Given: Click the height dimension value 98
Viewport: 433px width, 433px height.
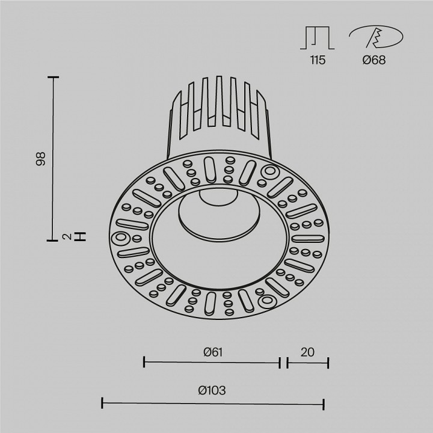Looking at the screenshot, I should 41,159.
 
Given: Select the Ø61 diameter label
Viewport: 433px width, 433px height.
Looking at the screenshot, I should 213,352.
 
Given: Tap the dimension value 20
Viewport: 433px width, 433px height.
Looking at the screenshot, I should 307,352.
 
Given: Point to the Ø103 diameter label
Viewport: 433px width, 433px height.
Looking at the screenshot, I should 212,390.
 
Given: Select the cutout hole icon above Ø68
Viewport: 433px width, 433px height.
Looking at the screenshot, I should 375,37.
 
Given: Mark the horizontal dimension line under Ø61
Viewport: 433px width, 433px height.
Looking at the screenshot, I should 212,362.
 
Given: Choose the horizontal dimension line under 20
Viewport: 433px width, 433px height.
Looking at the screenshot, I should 307,362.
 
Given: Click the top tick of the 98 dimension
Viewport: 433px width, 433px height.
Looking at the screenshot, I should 54,78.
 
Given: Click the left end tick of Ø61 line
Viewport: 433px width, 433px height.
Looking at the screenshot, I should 144,362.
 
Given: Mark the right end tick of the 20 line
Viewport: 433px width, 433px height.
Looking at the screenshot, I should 328,362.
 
